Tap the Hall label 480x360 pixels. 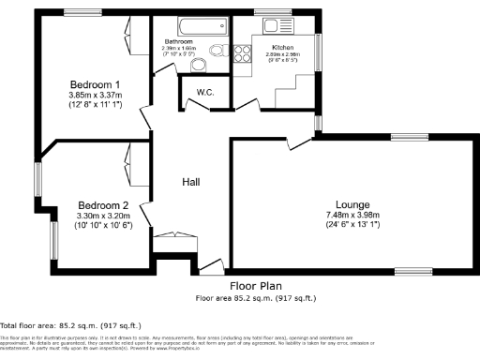191,182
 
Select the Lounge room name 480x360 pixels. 352,204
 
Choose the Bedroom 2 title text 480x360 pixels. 102,205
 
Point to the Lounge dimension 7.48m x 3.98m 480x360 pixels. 352,215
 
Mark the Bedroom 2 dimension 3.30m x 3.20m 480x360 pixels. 102,217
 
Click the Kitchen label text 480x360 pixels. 283,46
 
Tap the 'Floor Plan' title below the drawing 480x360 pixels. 254,288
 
